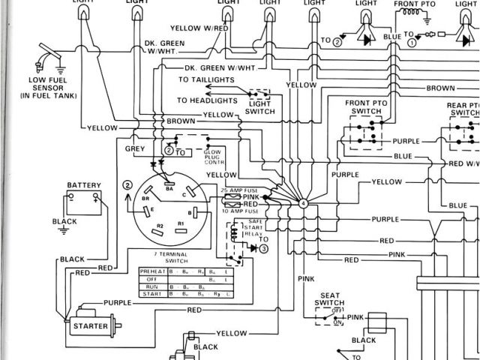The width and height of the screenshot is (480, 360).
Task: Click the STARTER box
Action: click(x=89, y=326)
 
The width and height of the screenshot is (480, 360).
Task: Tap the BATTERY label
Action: click(x=83, y=184)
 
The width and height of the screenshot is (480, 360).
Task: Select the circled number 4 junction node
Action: click(x=303, y=203)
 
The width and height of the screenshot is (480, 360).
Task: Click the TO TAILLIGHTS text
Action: click(x=205, y=79)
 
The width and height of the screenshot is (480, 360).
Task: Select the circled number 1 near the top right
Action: click(x=412, y=43)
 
